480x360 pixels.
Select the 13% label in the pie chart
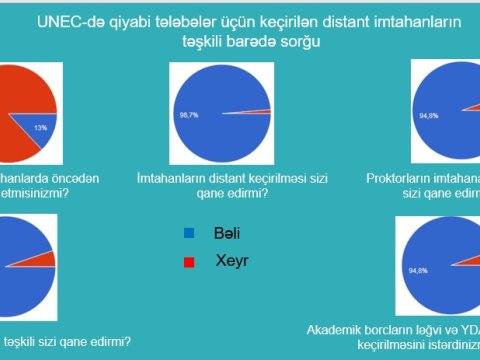coord(41,128)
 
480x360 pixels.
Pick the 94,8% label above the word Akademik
coord(417,270)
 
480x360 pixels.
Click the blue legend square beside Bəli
coord(188,233)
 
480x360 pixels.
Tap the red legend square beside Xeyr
coord(188,261)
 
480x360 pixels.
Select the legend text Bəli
coord(228,233)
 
